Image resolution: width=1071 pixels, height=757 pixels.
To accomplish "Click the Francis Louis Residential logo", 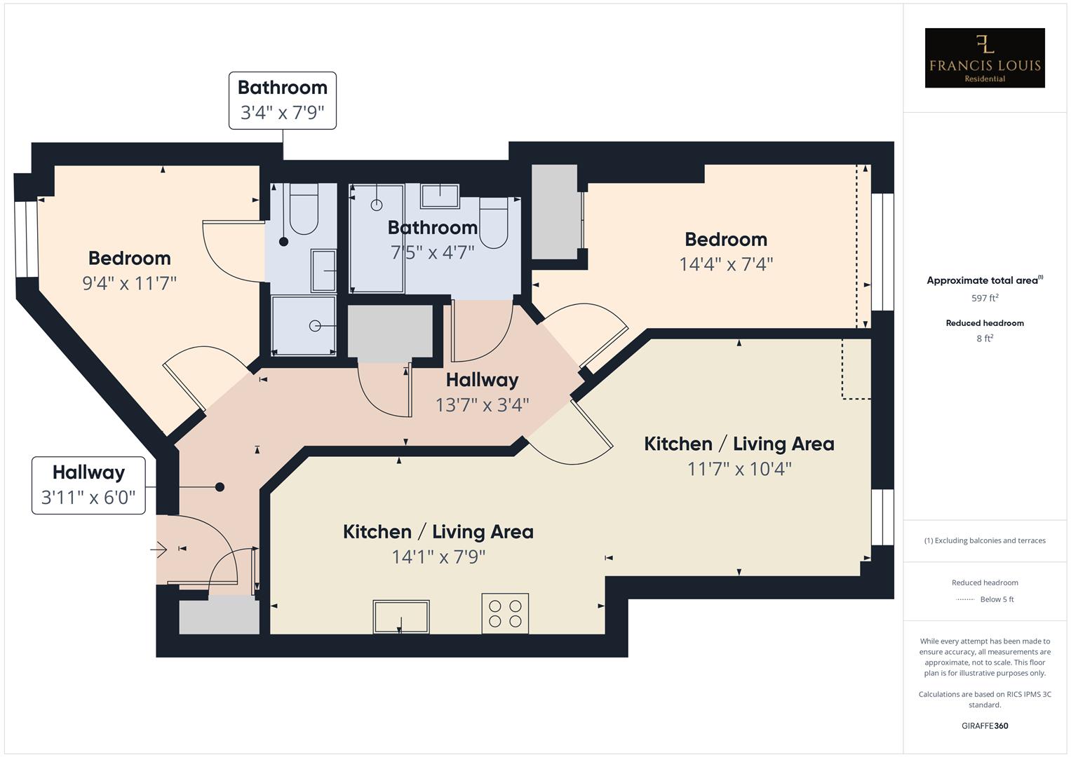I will click(985, 58).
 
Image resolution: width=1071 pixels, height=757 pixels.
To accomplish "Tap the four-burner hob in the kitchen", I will click(505, 613).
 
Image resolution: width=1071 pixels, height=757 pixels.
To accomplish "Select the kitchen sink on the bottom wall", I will click(401, 616).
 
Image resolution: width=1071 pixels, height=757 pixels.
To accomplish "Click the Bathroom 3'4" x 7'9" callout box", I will click(283, 100).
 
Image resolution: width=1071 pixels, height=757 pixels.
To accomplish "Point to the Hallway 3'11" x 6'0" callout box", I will click(88, 485).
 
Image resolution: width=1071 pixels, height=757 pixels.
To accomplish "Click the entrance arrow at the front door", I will click(159, 549).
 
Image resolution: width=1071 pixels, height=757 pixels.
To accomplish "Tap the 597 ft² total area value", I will click(985, 298).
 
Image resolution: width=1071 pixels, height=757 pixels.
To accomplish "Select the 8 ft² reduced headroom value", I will click(985, 339).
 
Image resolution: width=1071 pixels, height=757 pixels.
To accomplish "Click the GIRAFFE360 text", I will click(985, 725).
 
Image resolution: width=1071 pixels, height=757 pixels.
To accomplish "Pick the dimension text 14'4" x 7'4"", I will click(726, 264).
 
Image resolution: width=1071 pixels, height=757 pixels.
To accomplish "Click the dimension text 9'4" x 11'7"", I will click(130, 283).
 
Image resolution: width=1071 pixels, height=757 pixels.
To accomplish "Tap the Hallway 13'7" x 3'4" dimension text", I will click(482, 405).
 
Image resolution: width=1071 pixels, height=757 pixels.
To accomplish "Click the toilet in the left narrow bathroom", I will click(304, 210).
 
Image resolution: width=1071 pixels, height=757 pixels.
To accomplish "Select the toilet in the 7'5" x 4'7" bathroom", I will click(494, 223).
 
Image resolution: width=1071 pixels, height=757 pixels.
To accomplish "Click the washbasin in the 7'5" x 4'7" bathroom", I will click(440, 196).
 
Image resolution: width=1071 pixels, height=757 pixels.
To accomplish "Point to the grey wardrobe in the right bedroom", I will click(555, 212).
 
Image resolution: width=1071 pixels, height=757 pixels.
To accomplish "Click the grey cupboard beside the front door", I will click(219, 616).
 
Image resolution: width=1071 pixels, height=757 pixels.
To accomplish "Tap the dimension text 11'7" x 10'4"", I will click(739, 468).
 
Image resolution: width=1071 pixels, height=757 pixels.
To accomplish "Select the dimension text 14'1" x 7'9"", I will click(438, 557).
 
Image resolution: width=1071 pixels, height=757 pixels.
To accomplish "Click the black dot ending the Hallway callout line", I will click(220, 486).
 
